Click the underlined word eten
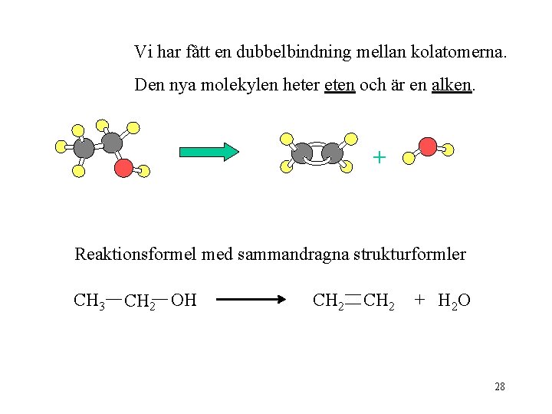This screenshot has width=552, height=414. [x=340, y=85]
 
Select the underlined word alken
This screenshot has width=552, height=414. [x=450, y=85]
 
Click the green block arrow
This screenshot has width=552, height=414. [x=209, y=152]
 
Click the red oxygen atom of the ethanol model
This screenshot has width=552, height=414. [x=123, y=167]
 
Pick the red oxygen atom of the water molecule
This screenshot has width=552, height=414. [x=429, y=146]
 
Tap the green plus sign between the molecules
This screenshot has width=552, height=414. [x=379, y=158]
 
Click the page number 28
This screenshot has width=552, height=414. [x=500, y=386]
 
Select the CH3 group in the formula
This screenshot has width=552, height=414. [x=89, y=301]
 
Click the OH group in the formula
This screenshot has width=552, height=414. [x=183, y=301]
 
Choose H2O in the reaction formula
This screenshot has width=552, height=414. [x=454, y=301]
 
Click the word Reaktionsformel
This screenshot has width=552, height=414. [x=136, y=254]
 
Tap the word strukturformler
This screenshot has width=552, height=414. [x=409, y=254]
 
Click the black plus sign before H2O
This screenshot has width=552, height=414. [x=419, y=300]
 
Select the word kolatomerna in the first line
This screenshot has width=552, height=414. [x=458, y=52]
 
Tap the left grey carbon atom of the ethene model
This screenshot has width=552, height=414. [x=304, y=153]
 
